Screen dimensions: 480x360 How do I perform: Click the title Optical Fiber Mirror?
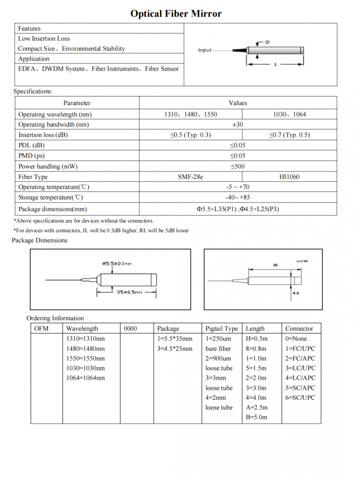176,13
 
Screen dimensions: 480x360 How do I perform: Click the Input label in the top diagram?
205,50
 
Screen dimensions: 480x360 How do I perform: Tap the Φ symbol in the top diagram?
267,42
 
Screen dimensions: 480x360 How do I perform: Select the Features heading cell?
30,28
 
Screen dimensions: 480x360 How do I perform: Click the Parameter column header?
77,103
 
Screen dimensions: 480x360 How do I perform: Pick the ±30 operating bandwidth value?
238,124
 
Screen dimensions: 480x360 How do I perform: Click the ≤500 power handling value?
238,166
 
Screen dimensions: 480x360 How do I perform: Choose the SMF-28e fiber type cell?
191,177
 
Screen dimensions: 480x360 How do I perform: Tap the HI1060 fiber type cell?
289,177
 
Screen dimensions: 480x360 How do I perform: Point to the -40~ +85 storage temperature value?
238,197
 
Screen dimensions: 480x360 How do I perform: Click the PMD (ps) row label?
31,156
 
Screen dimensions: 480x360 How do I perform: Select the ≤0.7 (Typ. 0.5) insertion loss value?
289,135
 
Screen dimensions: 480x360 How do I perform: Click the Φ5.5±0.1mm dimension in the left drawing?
117,263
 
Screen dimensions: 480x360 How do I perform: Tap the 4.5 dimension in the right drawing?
296,292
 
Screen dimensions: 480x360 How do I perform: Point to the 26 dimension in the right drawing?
275,264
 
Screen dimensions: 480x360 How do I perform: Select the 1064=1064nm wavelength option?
85,378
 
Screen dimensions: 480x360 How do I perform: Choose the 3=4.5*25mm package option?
175,348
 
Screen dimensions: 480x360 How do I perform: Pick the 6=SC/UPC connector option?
300,397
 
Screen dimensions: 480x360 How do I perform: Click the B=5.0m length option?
257,417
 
